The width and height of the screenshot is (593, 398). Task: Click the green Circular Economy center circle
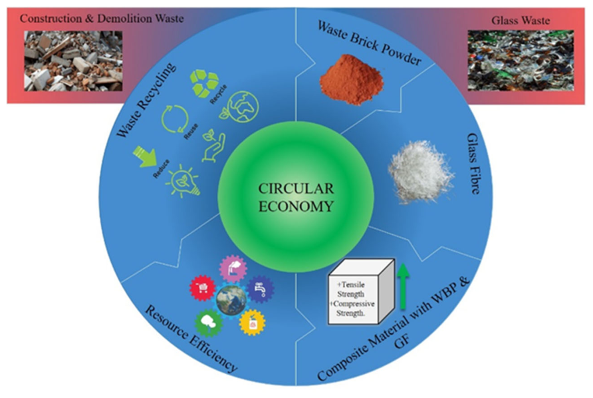pos(296,196)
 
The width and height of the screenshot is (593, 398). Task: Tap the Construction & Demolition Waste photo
pos(73,61)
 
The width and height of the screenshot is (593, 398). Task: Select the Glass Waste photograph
pos(521,60)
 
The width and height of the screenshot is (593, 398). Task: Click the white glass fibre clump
pos(421,171)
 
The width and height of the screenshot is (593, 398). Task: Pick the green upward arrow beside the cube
pos(403,286)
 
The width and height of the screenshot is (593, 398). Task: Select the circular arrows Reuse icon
pos(175,119)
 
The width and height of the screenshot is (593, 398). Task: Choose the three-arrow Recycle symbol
pos(204,83)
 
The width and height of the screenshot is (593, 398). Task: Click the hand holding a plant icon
pos(213,146)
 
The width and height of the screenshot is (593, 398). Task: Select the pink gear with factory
pos(233,268)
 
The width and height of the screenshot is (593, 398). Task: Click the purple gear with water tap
pos(260,290)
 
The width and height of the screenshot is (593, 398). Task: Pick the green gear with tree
pos(208,323)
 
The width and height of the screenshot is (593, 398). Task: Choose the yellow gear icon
pos(252,323)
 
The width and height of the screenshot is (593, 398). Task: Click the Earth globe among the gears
pos(231,300)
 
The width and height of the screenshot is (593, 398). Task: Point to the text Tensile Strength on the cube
pos(351,290)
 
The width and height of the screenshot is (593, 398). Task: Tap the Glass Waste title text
pos(521,20)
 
